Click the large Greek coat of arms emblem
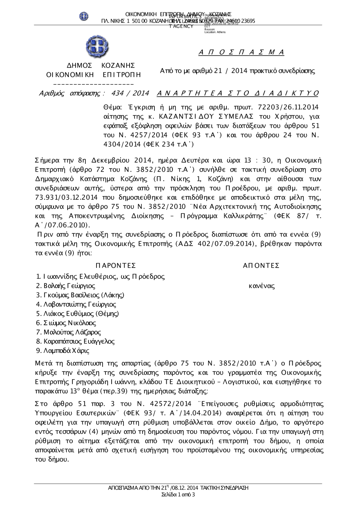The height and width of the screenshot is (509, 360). pyautogui.click(x=97, y=47)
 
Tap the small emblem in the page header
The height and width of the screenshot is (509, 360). pyautogui.click(x=84, y=16)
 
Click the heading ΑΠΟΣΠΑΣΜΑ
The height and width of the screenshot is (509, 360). pyautogui.click(x=241, y=53)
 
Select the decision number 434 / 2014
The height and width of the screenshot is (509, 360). pyautogui.click(x=130, y=94)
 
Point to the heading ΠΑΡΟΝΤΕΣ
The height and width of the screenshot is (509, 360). pyautogui.click(x=116, y=266)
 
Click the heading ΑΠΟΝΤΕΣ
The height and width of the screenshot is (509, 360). pyautogui.click(x=261, y=266)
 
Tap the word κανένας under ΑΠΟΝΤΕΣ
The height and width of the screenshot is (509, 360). pyautogui.click(x=262, y=286)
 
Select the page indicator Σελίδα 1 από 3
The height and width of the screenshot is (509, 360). pyautogui.click(x=179, y=495)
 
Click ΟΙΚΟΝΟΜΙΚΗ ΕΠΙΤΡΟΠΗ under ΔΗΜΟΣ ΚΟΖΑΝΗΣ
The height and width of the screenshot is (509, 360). pyautogui.click(x=93, y=75)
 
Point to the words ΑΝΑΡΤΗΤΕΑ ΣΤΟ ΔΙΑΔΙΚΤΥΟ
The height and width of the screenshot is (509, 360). pyautogui.click(x=238, y=94)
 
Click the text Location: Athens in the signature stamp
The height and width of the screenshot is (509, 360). pyautogui.click(x=215, y=32)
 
